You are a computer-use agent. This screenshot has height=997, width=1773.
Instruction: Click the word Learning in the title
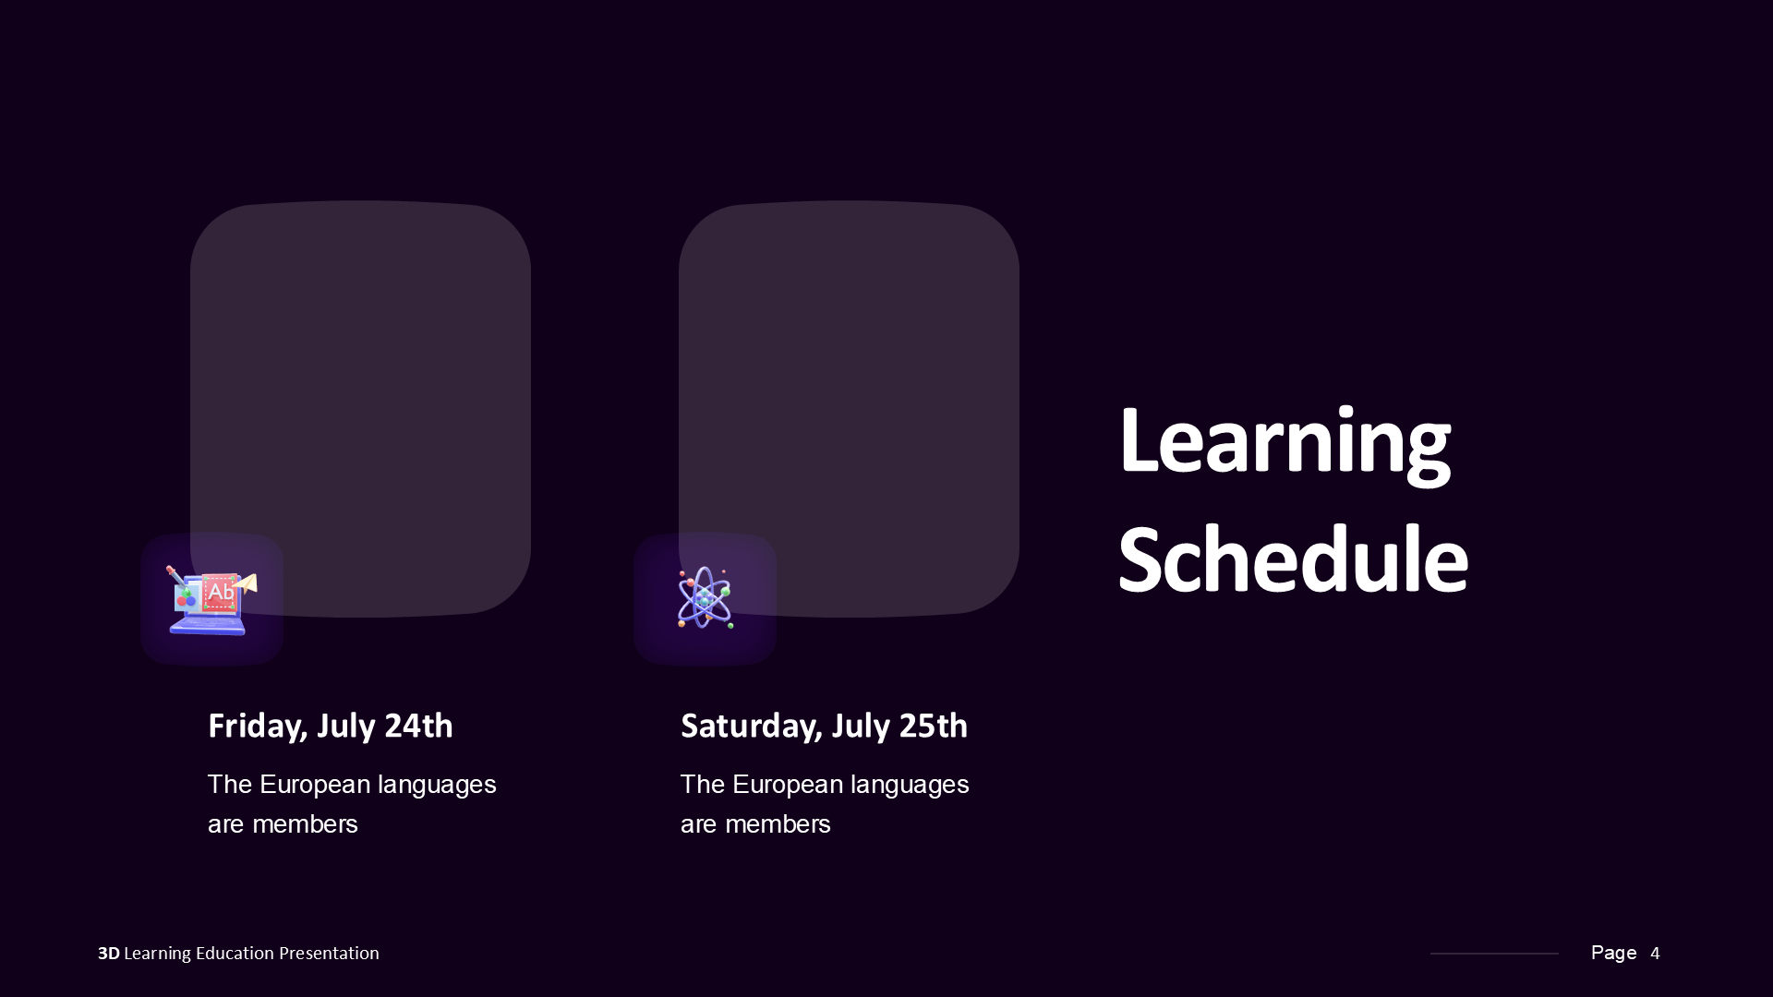[x=1284, y=443]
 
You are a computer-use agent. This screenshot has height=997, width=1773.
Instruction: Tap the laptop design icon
[x=211, y=600]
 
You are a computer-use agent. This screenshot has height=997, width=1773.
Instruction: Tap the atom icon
[x=705, y=598]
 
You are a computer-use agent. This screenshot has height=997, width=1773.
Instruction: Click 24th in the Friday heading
[x=418, y=727]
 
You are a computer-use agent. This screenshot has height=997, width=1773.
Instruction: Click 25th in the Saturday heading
[x=933, y=727]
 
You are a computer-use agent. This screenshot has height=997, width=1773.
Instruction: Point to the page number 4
[x=1655, y=954]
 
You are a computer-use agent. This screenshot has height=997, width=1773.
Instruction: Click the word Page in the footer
[x=1613, y=953]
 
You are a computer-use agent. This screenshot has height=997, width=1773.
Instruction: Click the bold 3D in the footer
[x=108, y=954]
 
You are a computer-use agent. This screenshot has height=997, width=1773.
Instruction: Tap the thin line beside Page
[x=1493, y=954]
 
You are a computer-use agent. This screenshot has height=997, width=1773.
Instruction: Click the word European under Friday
[x=314, y=785]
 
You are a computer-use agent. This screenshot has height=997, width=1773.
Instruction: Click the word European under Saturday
[x=787, y=785]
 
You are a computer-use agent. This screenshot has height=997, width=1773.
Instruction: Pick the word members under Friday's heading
[x=305, y=824]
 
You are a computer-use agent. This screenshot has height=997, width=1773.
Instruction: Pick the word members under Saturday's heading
[x=778, y=824]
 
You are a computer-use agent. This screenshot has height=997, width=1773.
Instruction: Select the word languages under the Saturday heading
[x=910, y=786]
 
